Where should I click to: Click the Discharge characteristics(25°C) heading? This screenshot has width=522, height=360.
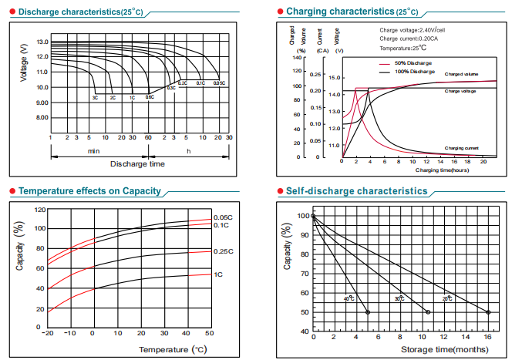click(75, 12)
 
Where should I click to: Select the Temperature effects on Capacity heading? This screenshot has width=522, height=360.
click(89, 190)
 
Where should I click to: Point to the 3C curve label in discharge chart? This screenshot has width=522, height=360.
click(95, 98)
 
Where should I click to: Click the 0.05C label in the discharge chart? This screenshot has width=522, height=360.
click(219, 82)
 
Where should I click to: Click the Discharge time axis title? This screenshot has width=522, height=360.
click(137, 163)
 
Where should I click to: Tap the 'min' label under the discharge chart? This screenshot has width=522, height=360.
click(94, 151)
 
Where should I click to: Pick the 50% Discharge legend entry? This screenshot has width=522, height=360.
click(413, 62)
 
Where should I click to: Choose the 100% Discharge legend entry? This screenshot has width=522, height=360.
click(414, 71)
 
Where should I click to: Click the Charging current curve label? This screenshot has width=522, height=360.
click(462, 147)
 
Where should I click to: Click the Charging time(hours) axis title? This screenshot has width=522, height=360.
click(442, 169)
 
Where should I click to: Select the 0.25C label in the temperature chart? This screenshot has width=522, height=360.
click(223, 251)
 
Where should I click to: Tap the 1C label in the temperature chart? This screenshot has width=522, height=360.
click(218, 274)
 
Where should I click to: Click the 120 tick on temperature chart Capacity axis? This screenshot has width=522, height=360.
click(39, 210)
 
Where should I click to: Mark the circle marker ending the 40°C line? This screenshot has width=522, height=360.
click(367, 312)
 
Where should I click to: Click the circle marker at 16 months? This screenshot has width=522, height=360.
click(488, 312)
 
